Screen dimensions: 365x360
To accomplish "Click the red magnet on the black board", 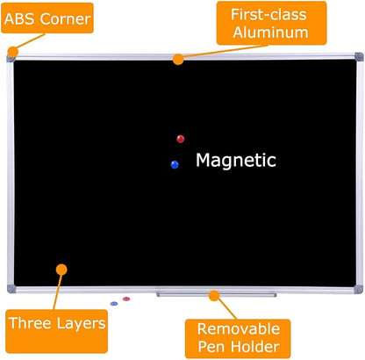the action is point(181,139).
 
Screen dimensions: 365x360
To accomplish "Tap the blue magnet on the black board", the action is point(175,164).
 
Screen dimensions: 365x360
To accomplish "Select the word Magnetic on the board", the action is point(236,161).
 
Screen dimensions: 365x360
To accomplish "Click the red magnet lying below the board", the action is point(126,299).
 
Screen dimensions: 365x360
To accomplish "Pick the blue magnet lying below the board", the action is point(114,304).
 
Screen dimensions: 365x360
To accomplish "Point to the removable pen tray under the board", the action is point(216,294).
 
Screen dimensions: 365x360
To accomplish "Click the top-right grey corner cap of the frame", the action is point(359,57).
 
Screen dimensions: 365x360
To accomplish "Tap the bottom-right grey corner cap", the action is point(358,289).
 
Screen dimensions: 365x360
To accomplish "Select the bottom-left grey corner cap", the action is point(11,289).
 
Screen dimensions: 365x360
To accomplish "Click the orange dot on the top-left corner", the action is point(13,52).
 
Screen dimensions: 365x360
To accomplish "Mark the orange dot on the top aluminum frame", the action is point(178,60).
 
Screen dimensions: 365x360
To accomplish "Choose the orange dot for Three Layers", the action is point(61,270).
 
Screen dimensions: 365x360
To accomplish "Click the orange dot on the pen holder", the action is point(214,296).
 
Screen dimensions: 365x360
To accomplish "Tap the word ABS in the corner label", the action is point(20,19).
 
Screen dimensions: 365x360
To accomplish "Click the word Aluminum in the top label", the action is point(270,32).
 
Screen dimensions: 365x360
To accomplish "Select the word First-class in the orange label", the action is point(268,14).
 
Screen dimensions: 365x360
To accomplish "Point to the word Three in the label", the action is point(30,323).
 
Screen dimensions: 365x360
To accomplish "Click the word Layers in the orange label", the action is point(81,324).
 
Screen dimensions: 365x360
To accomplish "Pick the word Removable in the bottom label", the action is point(239,329).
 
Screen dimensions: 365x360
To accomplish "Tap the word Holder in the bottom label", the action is point(254,347).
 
